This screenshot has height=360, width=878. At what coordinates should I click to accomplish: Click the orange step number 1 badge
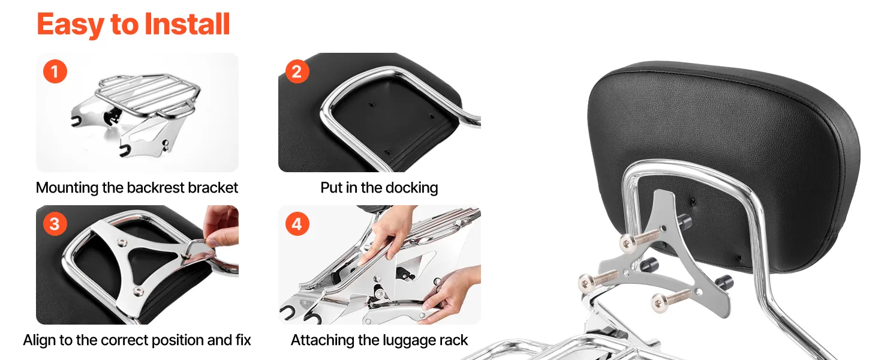[x=55, y=71]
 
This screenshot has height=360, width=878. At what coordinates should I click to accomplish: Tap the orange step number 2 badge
[x=297, y=71]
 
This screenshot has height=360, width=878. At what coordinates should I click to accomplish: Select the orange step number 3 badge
[x=55, y=224]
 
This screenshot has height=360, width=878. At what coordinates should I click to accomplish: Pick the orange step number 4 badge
[x=297, y=224]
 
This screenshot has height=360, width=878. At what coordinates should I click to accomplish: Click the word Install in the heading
[x=187, y=25]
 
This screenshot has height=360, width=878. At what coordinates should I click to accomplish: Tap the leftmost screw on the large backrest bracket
[x=599, y=281]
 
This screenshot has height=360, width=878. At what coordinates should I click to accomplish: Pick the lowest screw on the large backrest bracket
[x=671, y=301]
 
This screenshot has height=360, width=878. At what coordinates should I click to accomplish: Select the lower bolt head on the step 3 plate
[x=138, y=290]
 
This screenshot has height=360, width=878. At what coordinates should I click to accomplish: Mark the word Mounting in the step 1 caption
[x=67, y=188]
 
